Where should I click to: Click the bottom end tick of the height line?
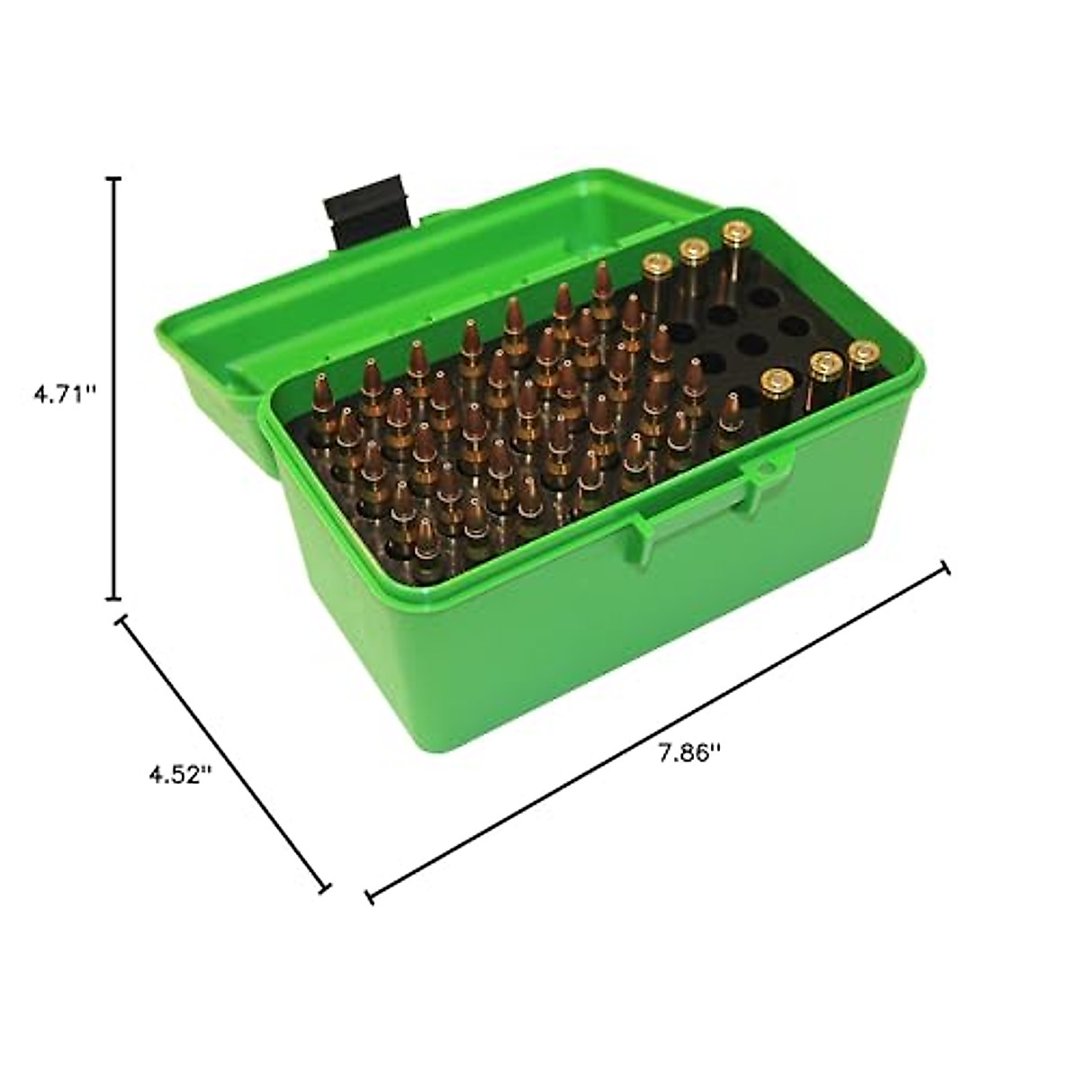[x=114, y=597]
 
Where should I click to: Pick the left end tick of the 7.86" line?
[x=370, y=895]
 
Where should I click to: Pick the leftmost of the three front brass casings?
[x=774, y=382]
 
